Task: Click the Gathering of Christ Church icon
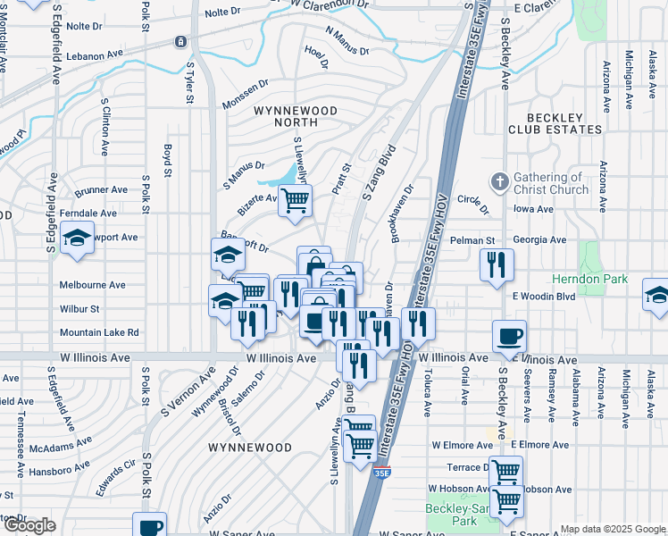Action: pyautogui.click(x=500, y=182)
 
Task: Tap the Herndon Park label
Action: pyautogui.click(x=615, y=279)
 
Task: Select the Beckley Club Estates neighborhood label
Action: pyautogui.click(x=555, y=123)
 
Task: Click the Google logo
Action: pyautogui.click(x=29, y=525)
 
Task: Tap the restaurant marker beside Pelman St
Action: pyautogui.click(x=497, y=264)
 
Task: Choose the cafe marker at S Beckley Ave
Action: pyautogui.click(x=509, y=337)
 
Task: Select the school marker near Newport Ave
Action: pyautogui.click(x=79, y=239)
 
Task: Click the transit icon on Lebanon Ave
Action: pyautogui.click(x=181, y=42)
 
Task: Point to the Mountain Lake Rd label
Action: pyautogui.click(x=99, y=332)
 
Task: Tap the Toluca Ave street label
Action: pyautogui.click(x=427, y=399)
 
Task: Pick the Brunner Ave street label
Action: pyautogui.click(x=102, y=190)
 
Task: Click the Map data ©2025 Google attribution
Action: pyautogui.click(x=612, y=529)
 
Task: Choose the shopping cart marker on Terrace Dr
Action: pyautogui.click(x=505, y=470)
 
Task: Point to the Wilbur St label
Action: pyautogui.click(x=79, y=309)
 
